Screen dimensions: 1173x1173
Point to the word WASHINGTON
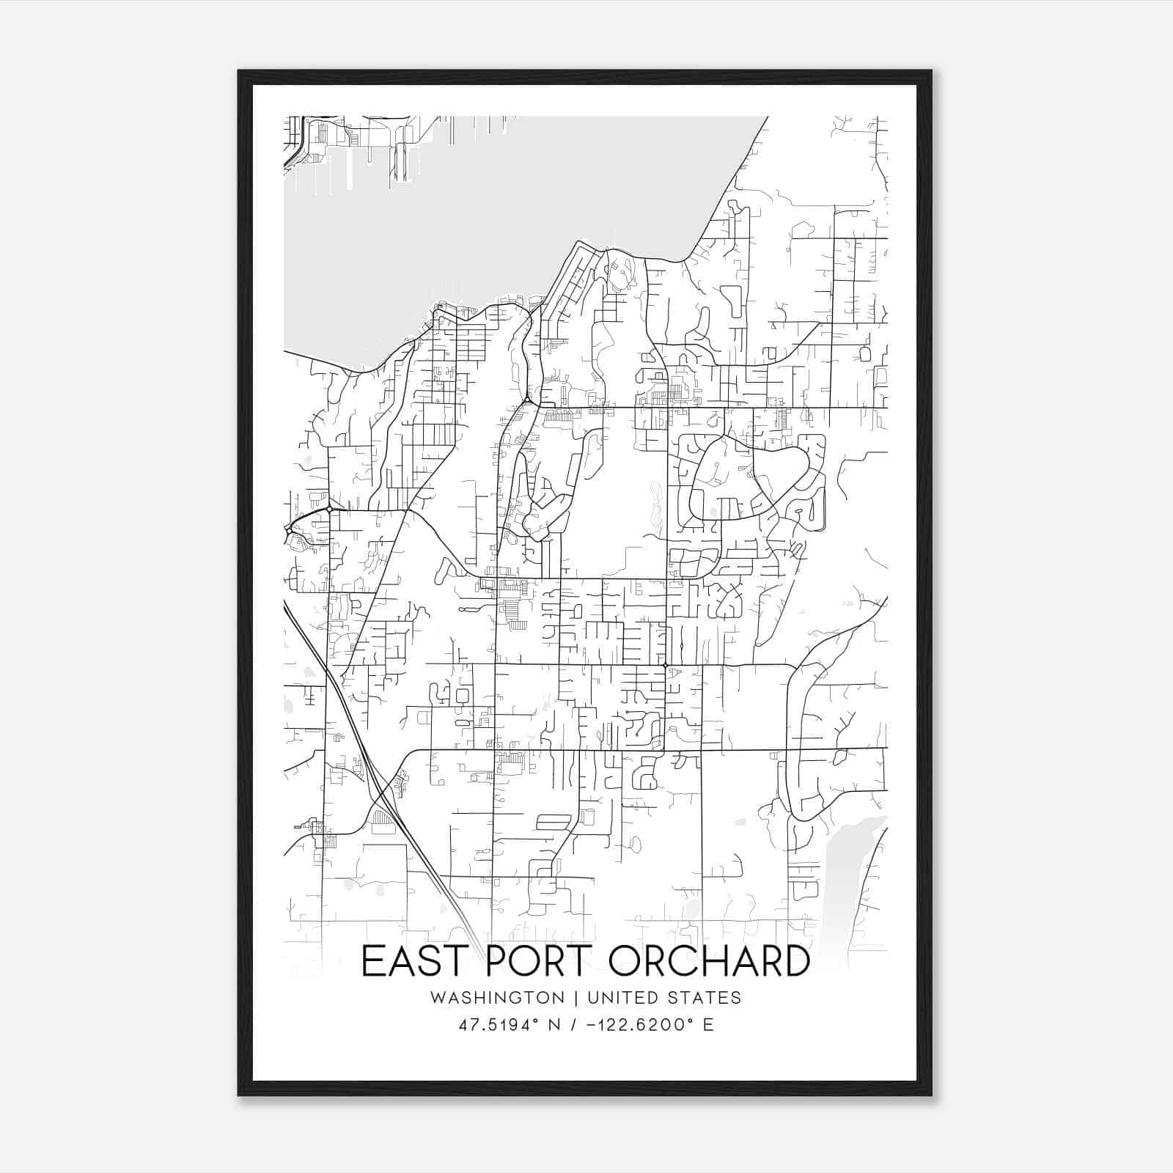pyautogui.click(x=498, y=998)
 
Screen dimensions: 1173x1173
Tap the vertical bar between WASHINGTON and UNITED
pyautogui.click(x=576, y=998)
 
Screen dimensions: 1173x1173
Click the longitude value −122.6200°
pyautogui.click(x=635, y=1025)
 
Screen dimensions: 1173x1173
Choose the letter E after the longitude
pyautogui.click(x=708, y=1025)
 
